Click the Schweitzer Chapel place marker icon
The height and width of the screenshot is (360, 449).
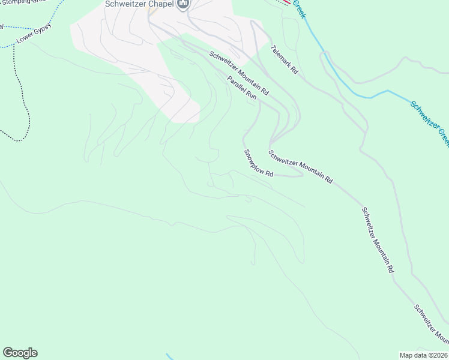(x=183, y=5)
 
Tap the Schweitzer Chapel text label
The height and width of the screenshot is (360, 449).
(x=139, y=4)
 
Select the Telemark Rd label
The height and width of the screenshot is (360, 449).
(x=284, y=59)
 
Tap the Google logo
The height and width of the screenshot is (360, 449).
(x=20, y=353)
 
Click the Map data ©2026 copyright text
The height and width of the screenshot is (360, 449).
(x=424, y=355)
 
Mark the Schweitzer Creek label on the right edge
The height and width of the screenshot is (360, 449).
(x=430, y=123)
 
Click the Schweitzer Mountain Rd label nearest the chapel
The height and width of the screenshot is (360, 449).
(x=239, y=74)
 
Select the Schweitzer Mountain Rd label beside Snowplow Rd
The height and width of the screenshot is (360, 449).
(x=300, y=166)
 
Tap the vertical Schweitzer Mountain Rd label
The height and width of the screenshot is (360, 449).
(x=377, y=240)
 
